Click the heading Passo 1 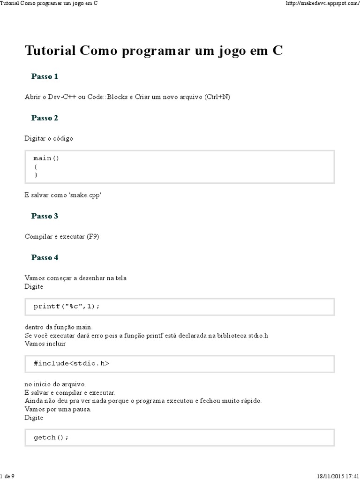tap(45, 76)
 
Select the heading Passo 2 tap(45, 118)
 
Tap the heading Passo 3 tap(45, 216)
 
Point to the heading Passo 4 tap(45, 257)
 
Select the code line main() tap(46, 158)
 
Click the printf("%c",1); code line tap(67, 306)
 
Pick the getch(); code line tap(51, 437)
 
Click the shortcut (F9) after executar tap(93, 237)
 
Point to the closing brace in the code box tap(36, 175)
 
